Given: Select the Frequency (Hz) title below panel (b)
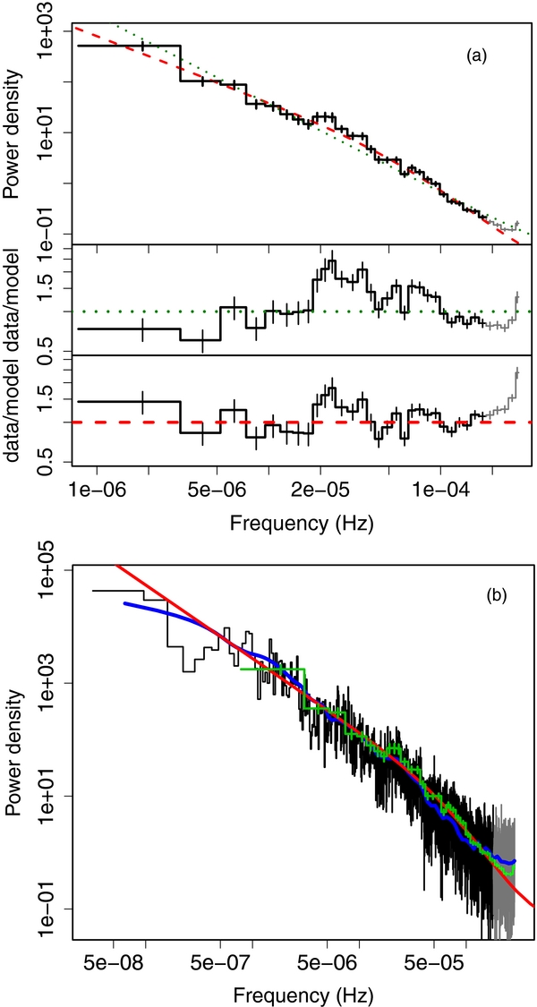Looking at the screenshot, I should [303, 994].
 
